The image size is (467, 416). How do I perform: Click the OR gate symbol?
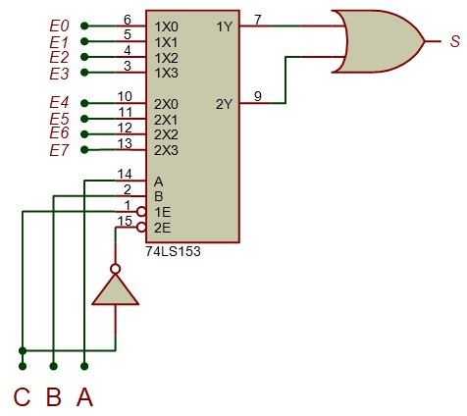380,41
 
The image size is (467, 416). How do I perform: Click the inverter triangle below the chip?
115,290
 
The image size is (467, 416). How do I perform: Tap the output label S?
455,41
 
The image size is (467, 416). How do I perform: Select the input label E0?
59,26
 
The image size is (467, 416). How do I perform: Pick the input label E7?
59,150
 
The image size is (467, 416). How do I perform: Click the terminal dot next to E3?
84,73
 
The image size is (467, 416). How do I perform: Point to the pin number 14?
125,175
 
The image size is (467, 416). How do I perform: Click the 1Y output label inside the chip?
224,26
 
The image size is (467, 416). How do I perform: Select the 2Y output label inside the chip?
224,104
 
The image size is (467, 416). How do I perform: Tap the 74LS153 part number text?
173,251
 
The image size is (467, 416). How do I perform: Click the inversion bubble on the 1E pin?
141,212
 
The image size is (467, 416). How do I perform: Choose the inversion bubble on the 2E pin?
141,228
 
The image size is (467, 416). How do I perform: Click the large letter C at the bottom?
22,396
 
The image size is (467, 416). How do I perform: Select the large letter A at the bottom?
84,396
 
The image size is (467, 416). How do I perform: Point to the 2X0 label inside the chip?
166,104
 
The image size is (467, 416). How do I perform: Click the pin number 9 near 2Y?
258,96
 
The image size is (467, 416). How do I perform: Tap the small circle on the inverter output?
115,269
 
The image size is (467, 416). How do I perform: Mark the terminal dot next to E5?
84,119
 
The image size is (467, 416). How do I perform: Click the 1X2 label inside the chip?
166,58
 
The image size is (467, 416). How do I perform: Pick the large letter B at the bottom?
54,396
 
